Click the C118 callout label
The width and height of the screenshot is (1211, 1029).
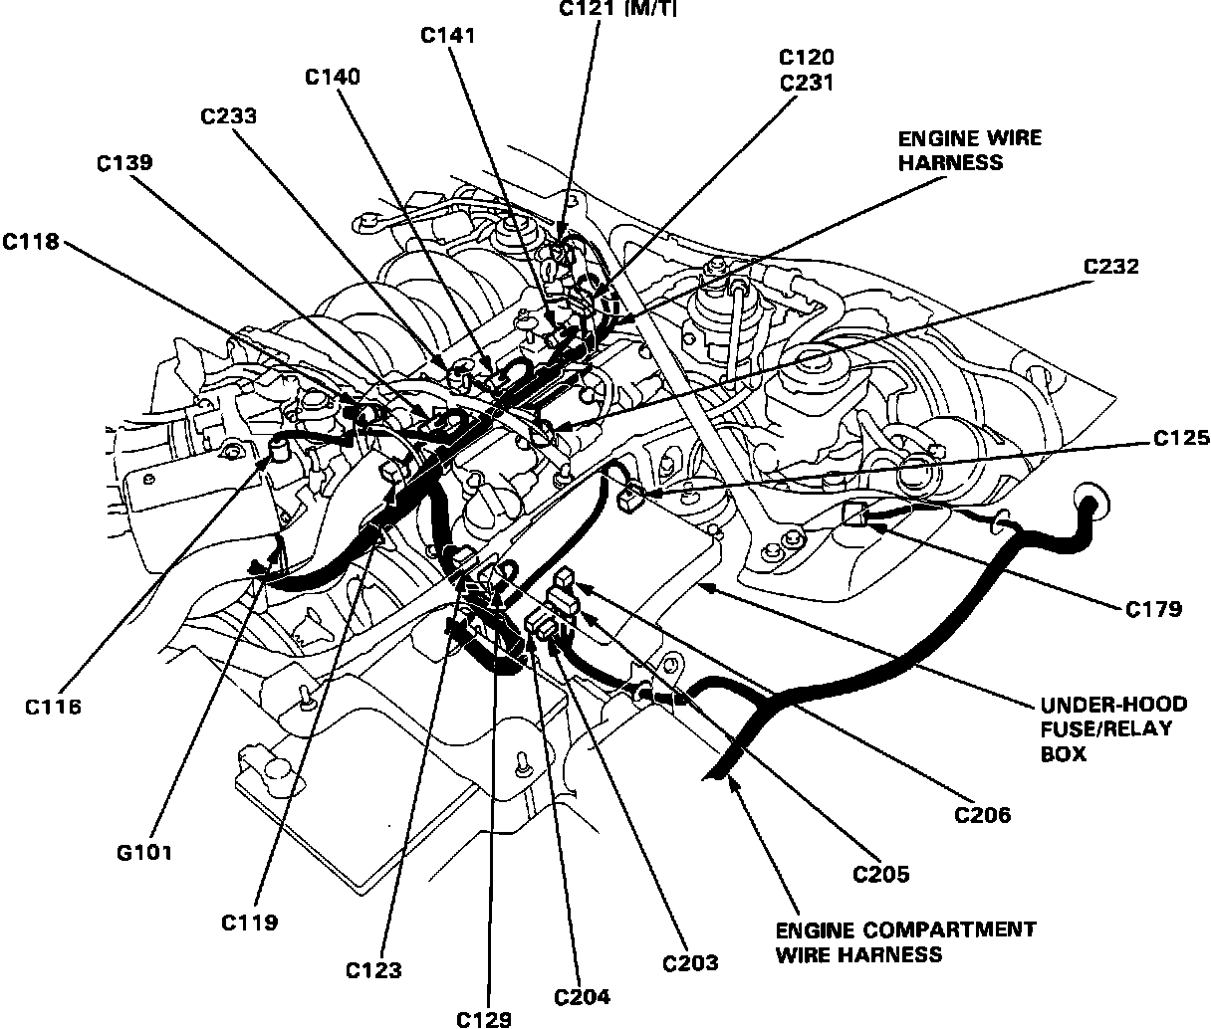[x=31, y=242]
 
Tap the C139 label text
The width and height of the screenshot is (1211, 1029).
[x=124, y=163]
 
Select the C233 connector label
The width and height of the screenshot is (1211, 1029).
[x=228, y=116]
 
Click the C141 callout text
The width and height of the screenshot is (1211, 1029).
[x=447, y=35]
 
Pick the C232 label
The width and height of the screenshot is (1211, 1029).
[x=1110, y=268]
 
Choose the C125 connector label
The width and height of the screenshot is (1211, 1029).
[x=1181, y=437]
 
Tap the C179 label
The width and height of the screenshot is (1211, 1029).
[x=1154, y=609]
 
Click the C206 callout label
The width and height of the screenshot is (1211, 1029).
[x=982, y=816]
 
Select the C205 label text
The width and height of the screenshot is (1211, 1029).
[x=881, y=875]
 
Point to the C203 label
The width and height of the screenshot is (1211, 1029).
[x=690, y=962]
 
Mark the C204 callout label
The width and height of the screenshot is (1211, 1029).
[x=583, y=996]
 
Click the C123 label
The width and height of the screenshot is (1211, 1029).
[x=374, y=969]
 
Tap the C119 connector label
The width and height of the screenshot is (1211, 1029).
[x=249, y=922]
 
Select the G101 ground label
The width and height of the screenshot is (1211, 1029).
[x=144, y=852]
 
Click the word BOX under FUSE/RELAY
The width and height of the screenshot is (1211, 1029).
[x=1064, y=753]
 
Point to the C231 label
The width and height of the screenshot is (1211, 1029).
[x=807, y=85]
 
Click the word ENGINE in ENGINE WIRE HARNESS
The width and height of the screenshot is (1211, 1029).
[x=933, y=138]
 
